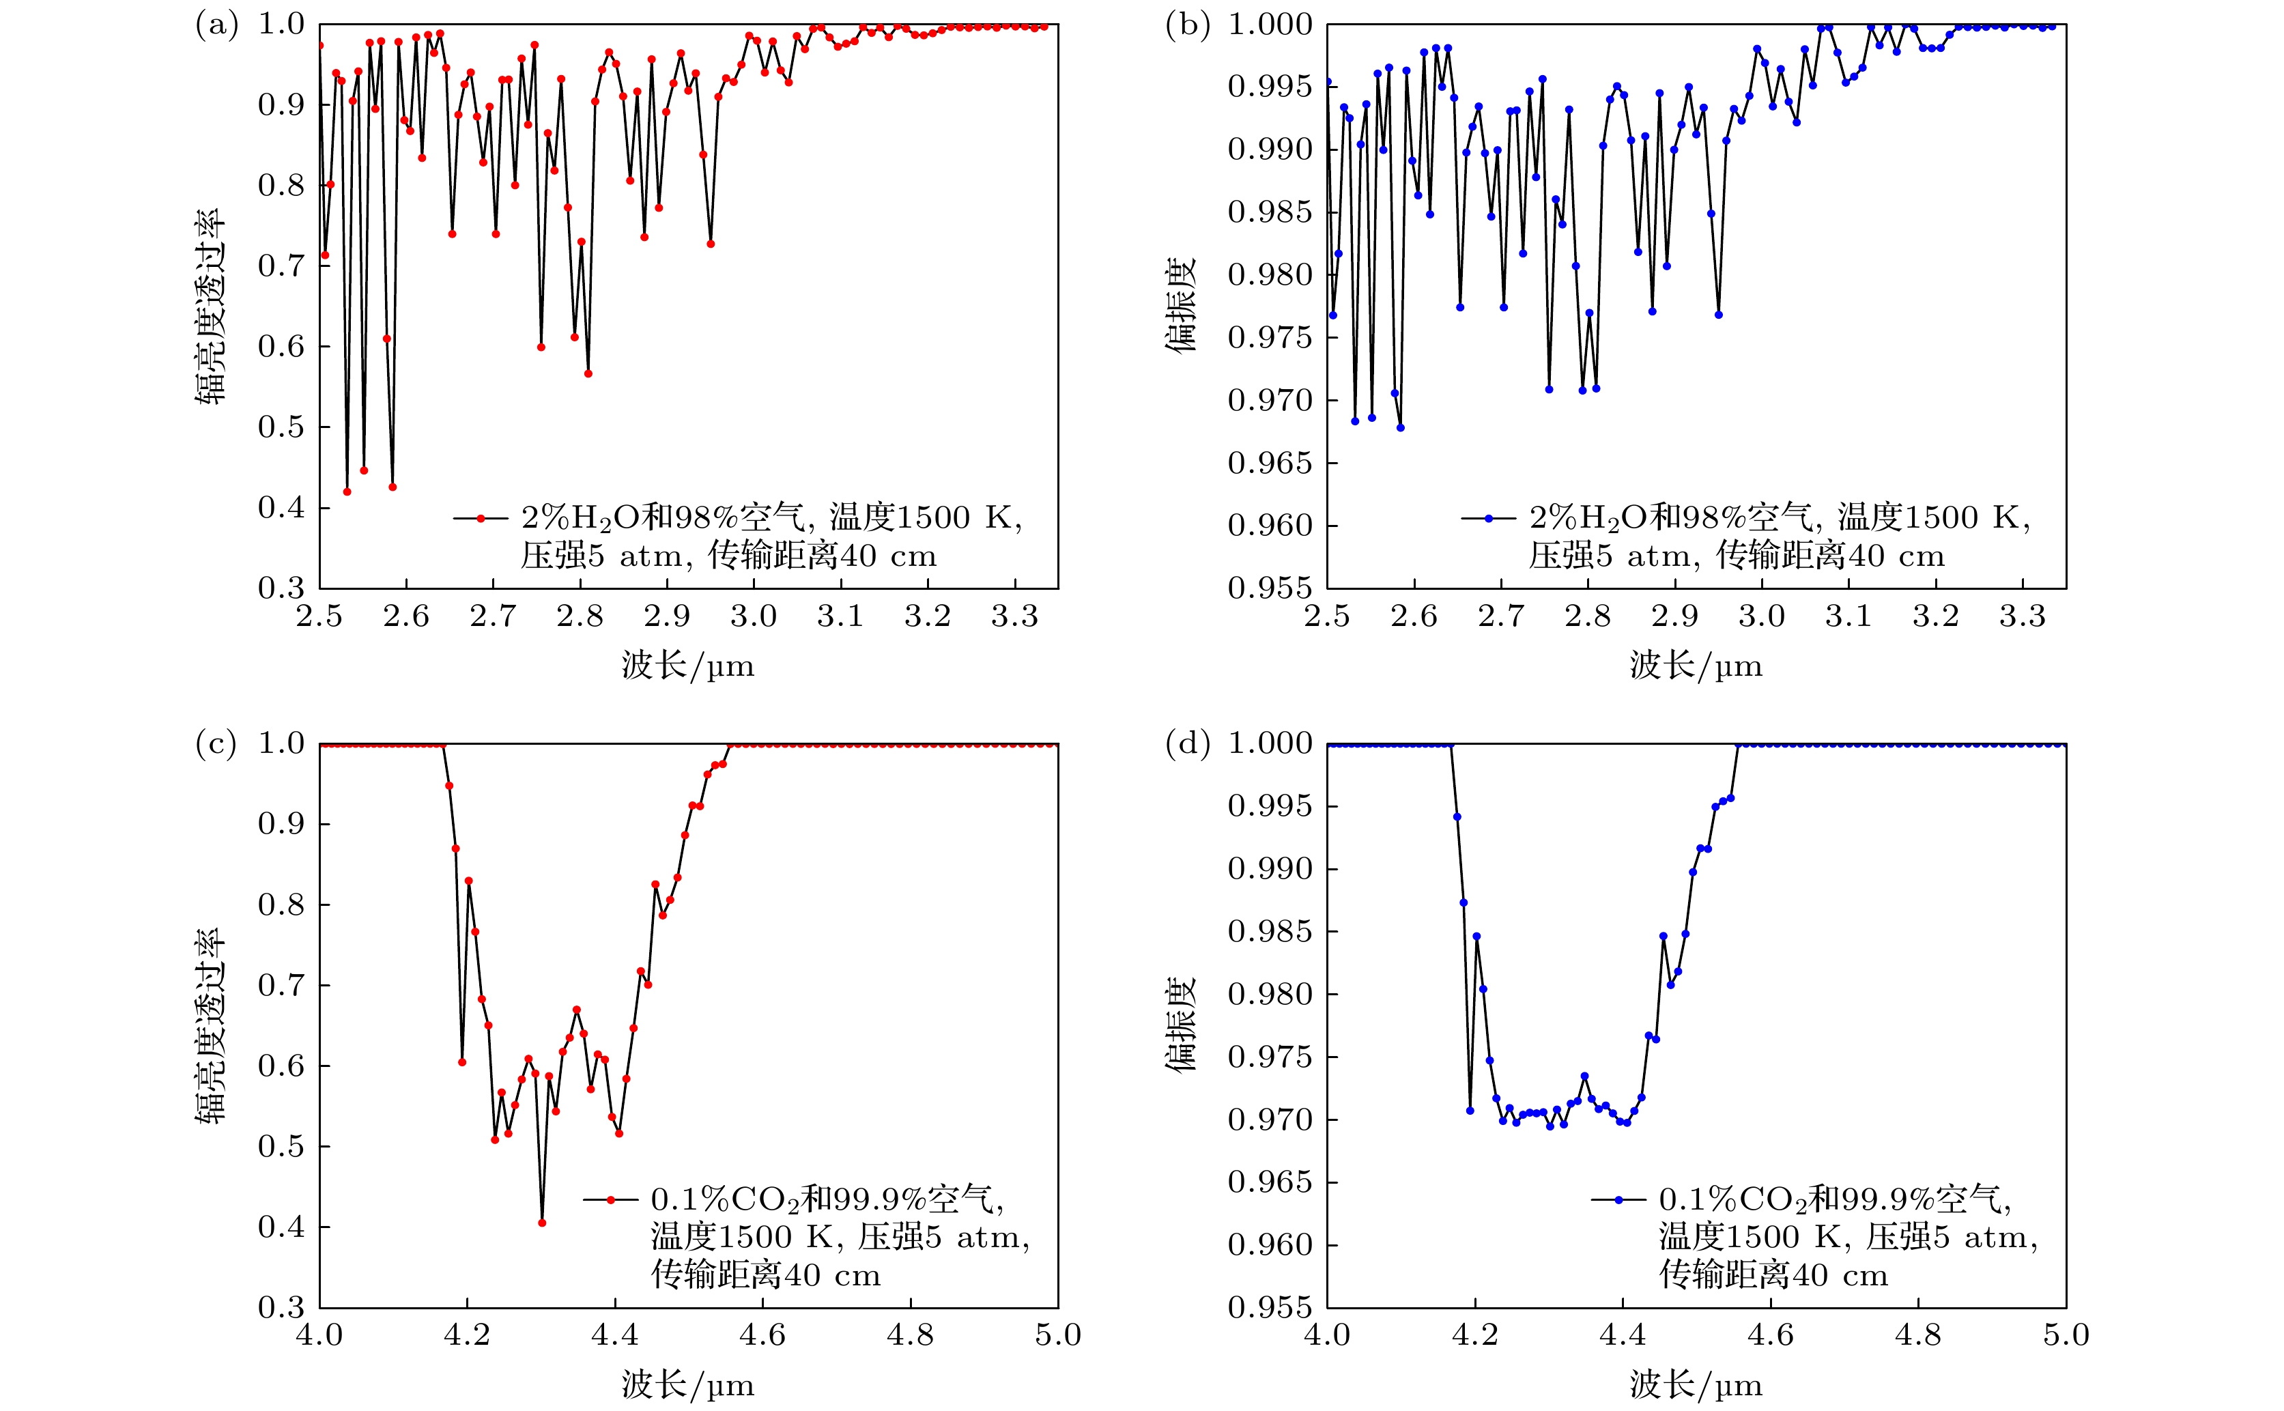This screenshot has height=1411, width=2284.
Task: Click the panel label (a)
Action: [216, 25]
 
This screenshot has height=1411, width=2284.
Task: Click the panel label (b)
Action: [1188, 25]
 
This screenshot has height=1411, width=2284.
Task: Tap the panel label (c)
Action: [216, 745]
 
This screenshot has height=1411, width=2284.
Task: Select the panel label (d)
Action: [1188, 745]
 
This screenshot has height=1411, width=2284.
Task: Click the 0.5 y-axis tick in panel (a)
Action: [281, 427]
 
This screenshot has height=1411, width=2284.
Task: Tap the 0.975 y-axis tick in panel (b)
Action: [1270, 338]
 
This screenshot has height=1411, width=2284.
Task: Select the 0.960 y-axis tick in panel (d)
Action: [1270, 1245]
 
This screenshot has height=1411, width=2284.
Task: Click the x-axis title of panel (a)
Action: [687, 666]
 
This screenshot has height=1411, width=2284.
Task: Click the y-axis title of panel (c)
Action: [210, 1025]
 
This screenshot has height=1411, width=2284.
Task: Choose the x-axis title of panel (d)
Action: [1696, 1385]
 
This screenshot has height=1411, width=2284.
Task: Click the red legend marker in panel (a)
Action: [481, 518]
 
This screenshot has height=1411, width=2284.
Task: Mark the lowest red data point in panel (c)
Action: [542, 1223]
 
